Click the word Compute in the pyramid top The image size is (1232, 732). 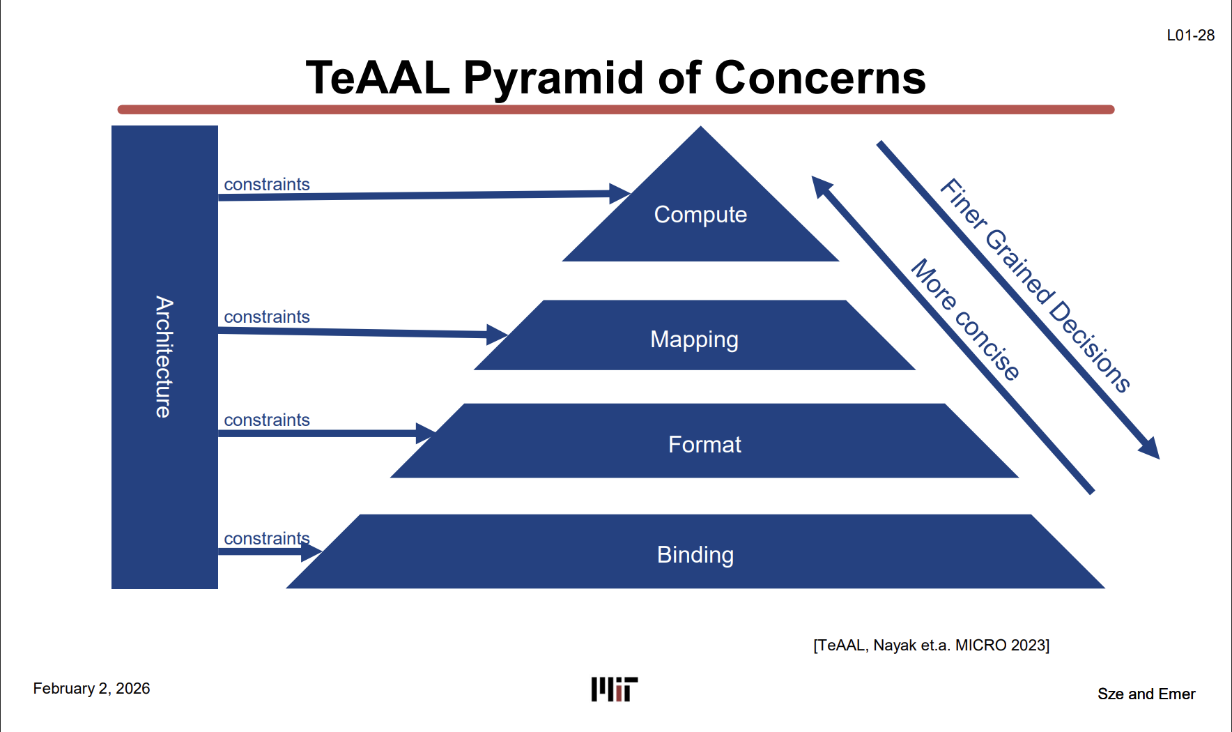(700, 215)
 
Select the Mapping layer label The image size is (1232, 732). (694, 340)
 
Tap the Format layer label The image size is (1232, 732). (704, 445)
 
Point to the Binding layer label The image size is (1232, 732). (695, 555)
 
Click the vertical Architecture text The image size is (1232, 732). (164, 357)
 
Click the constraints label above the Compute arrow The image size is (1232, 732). (266, 185)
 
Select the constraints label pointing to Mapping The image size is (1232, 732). (266, 317)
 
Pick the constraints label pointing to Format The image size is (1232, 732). (266, 420)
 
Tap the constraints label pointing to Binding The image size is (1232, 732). (266, 539)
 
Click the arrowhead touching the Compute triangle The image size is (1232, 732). (619, 193)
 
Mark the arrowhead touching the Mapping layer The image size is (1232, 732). (497, 335)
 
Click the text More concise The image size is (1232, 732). (966, 319)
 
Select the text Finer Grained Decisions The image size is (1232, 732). (1035, 286)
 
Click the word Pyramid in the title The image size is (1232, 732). (555, 77)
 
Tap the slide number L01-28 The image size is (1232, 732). (1190, 36)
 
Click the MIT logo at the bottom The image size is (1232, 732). (615, 689)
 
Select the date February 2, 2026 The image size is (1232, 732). (91, 689)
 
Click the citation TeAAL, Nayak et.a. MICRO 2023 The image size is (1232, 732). (931, 646)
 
